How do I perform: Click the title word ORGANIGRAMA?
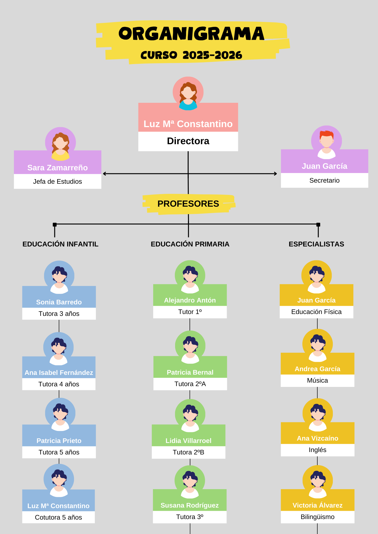[x=191, y=34]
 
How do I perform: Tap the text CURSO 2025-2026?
[x=191, y=55]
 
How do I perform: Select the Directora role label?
[x=188, y=141]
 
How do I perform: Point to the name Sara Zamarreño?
[x=57, y=168]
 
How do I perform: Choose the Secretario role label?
[x=324, y=180]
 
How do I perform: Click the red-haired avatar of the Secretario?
[x=326, y=142]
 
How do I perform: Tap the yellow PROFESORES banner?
[x=188, y=204]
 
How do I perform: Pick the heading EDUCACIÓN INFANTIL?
[x=60, y=244]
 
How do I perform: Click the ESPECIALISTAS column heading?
[x=316, y=244]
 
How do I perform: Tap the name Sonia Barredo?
[x=59, y=302]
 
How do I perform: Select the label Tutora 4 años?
[x=59, y=384]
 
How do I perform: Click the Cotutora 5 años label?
[x=59, y=517]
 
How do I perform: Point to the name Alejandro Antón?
[x=190, y=300]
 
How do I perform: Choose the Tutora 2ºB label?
[x=188, y=452]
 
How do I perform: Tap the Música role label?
[x=317, y=380]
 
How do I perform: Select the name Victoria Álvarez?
[x=317, y=505]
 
